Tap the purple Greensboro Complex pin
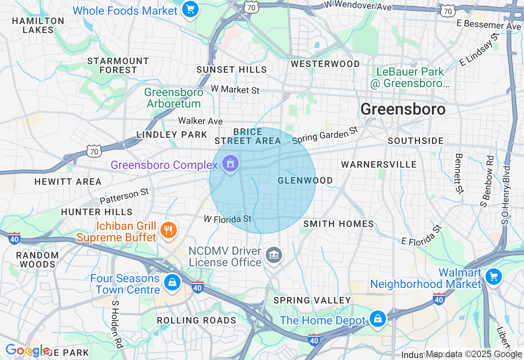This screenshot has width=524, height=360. click(230, 164)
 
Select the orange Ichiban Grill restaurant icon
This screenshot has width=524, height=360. click(168, 229)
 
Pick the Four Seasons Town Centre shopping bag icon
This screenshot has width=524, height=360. click(172, 282)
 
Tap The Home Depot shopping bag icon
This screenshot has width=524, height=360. click(377, 318)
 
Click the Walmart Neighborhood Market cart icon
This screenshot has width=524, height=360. click(493, 277)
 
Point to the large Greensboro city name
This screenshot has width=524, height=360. click(403, 109)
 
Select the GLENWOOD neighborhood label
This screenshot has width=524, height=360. click(305, 180)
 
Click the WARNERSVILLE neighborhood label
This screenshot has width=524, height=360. click(379, 164)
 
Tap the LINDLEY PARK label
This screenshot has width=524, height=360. click(172, 135)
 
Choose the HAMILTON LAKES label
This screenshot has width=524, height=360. click(38, 25)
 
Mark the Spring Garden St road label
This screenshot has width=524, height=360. click(325, 135)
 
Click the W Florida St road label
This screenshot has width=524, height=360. click(228, 219)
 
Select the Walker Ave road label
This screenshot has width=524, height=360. click(200, 121)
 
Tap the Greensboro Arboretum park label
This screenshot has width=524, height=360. click(174, 98)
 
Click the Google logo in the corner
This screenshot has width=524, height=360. click(27, 350)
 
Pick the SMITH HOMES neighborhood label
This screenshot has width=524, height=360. click(339, 224)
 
